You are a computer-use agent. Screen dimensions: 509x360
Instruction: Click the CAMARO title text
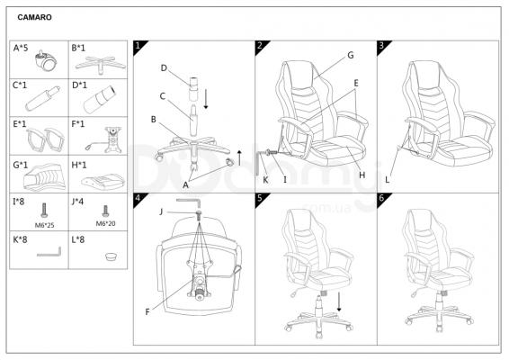pyautogui.click(x=34, y=17)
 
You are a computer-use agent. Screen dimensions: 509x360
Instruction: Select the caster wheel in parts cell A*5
pyautogui.click(x=46, y=60)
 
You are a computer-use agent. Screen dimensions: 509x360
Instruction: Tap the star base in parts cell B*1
pyautogui.click(x=101, y=64)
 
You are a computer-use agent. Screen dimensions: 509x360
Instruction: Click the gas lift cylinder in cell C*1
pyautogui.click(x=42, y=98)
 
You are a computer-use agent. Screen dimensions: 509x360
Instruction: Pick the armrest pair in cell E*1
pyautogui.click(x=45, y=139)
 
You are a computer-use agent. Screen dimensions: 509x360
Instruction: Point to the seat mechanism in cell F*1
pyautogui.click(x=107, y=140)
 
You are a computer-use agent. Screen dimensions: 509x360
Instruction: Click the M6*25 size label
pyautogui.click(x=44, y=225)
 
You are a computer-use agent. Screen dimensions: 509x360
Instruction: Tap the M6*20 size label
pyautogui.click(x=105, y=223)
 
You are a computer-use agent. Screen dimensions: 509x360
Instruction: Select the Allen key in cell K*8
pyautogui.click(x=49, y=254)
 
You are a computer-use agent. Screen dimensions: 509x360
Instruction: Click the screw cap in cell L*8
pyautogui.click(x=112, y=256)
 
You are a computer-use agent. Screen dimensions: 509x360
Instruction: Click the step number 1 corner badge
pyautogui.click(x=138, y=46)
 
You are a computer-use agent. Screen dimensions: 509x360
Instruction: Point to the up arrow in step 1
pyautogui.click(x=239, y=157)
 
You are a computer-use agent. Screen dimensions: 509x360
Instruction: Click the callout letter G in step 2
pyautogui.click(x=351, y=55)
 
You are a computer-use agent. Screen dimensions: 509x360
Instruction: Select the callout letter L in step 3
pyautogui.click(x=387, y=180)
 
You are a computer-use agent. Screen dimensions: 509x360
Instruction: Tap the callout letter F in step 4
pyautogui.click(x=147, y=312)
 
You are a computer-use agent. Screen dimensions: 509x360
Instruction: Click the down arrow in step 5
pyautogui.click(x=339, y=301)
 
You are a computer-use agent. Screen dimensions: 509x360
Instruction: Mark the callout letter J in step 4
pyautogui.click(x=161, y=212)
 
